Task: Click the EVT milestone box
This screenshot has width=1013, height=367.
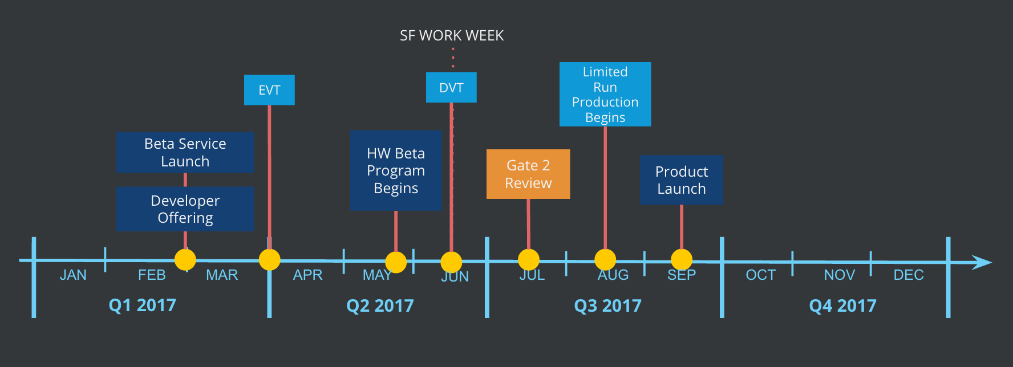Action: coord(269,90)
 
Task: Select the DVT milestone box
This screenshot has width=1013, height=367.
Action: coord(451,87)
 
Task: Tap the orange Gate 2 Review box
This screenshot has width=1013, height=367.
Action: coord(528,174)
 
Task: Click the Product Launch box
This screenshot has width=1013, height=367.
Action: coord(682,180)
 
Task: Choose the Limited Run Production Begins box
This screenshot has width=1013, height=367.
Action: coord(605,94)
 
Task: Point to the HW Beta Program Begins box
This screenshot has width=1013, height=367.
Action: coord(396,170)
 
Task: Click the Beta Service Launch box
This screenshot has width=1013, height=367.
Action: coord(185,152)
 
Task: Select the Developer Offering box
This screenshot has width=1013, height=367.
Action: coord(185,209)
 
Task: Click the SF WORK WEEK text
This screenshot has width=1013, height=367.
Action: coord(452,36)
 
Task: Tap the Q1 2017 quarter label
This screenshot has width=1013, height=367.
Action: coord(143,305)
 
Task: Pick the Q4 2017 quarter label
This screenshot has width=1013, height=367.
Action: coord(843,306)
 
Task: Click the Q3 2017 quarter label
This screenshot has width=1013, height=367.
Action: coord(608,306)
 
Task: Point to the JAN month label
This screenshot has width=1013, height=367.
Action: coord(73,275)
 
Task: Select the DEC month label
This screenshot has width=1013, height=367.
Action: coord(909,275)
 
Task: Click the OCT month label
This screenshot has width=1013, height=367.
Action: coord(761,275)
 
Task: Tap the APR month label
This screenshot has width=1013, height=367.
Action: coord(308,275)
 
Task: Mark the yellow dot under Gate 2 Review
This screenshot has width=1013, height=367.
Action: coord(529,260)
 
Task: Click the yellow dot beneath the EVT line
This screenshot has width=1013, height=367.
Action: coord(269,260)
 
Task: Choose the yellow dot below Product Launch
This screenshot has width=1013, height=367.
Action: coord(682,260)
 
